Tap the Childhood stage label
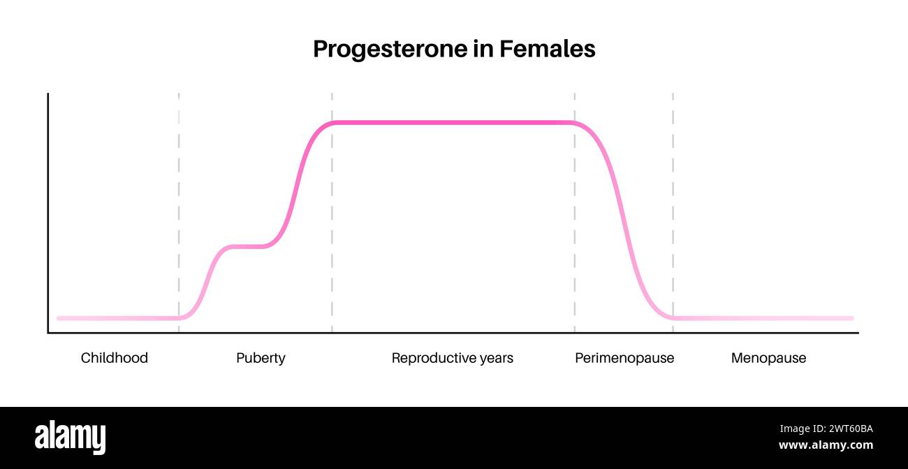click(115, 358)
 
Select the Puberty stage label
click(261, 358)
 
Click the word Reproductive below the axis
click(432, 358)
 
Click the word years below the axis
click(495, 358)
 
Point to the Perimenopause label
click(624, 358)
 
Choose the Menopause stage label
click(768, 358)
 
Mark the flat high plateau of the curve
click(454, 122)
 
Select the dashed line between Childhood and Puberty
click(179, 209)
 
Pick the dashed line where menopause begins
click(673, 209)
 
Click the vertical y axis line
click(48, 209)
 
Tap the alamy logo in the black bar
click(70, 437)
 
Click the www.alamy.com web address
click(826, 445)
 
